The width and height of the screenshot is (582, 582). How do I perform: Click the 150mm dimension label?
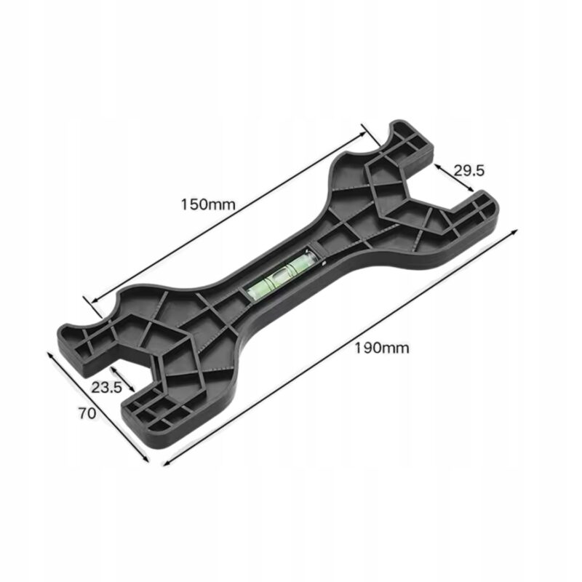(208, 204)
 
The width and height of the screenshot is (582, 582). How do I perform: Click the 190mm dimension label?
(382, 348)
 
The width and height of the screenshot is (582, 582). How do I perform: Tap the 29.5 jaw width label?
(469, 171)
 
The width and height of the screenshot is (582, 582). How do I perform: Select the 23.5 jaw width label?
(107, 388)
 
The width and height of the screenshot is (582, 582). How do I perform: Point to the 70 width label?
(87, 413)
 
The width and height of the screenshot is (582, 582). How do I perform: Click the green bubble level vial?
(280, 273)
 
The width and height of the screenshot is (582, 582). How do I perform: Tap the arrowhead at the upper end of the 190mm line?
(513, 232)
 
